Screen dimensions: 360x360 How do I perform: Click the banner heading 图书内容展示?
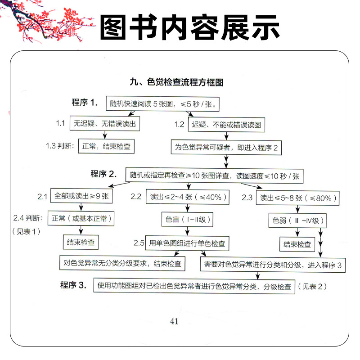tap(189, 28)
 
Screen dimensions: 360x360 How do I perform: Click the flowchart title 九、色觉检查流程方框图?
tap(176, 82)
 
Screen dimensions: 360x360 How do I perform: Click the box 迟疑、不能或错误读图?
tap(226, 124)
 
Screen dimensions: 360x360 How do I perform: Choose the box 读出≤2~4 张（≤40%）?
tap(189, 197)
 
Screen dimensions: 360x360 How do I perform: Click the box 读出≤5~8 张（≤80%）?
tap(297, 198)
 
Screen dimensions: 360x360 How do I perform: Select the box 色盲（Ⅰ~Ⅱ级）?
tap(186, 220)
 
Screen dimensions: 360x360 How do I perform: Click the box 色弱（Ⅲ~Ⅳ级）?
tap(297, 221)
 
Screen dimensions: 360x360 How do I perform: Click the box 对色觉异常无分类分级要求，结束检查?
tap(122, 263)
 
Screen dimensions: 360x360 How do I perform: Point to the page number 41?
tap(175, 321)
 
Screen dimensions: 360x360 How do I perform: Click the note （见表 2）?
tap(314, 286)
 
